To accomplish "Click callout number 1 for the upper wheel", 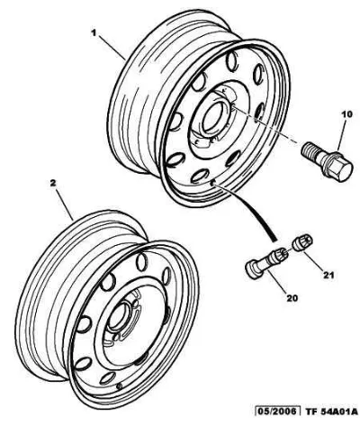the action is pos(94,32).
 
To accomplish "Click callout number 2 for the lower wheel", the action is pos(53,184).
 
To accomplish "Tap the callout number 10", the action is pos(346,115).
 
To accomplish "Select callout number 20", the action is pos(292,298).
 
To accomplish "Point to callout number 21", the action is pos(328,275).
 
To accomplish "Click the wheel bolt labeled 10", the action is pos(327,161).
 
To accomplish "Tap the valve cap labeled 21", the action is pos(302,243).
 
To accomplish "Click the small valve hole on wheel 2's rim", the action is pos(120,385).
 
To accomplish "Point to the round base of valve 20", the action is pos(252,269).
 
